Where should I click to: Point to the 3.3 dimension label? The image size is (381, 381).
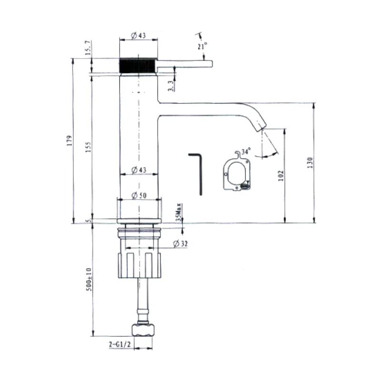click(171, 85)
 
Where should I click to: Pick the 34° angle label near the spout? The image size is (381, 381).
click(245, 151)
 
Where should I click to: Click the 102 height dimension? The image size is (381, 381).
click(281, 175)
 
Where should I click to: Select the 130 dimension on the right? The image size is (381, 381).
click(310, 162)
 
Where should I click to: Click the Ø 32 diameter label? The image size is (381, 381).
click(180, 243)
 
